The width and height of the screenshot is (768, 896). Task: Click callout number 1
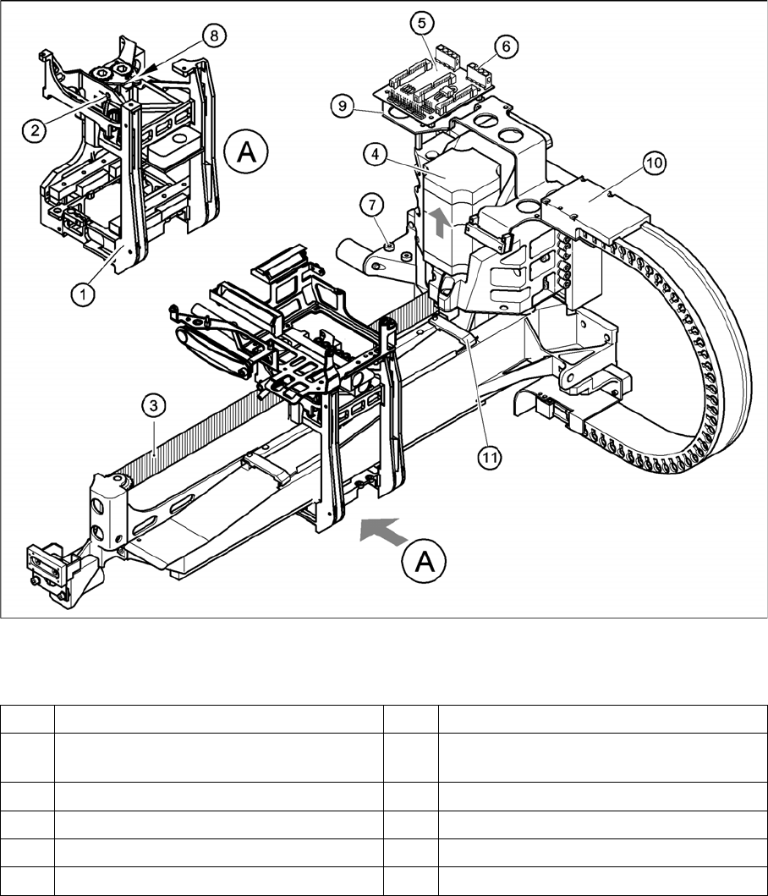click(82, 294)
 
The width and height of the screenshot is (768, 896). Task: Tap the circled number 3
click(152, 408)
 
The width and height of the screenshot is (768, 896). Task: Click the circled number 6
click(505, 47)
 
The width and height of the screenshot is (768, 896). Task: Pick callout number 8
click(213, 36)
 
